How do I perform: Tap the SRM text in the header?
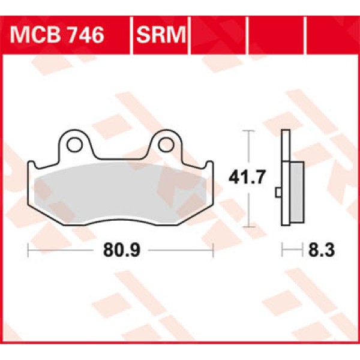coord(160,35)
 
